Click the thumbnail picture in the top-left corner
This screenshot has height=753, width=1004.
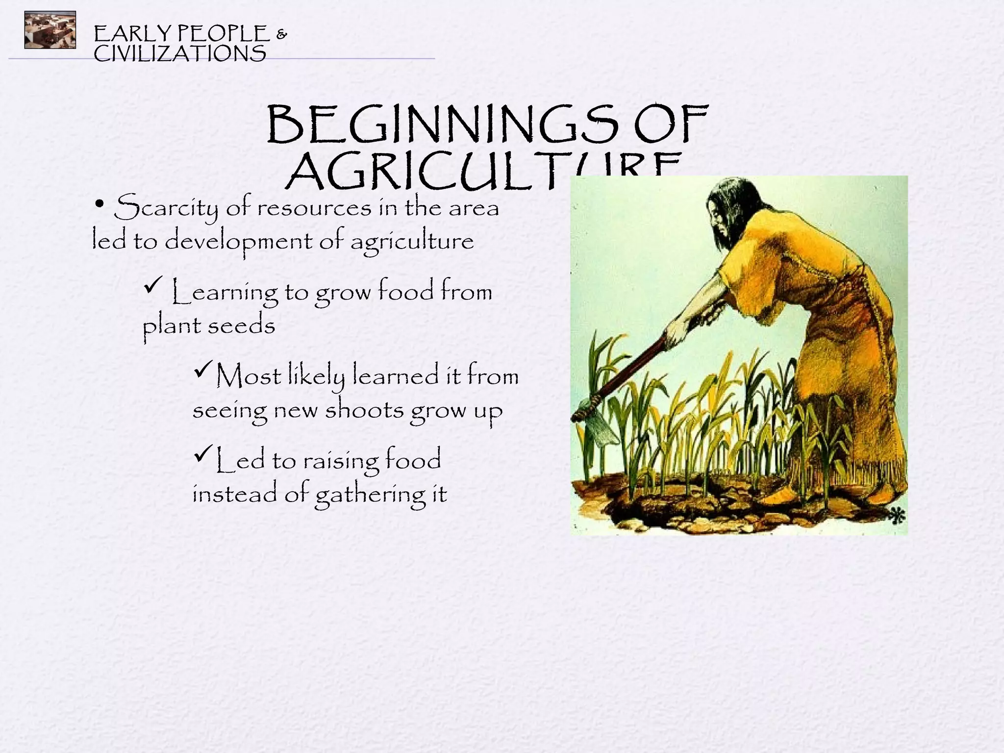click(50, 30)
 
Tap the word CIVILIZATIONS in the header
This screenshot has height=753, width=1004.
click(179, 53)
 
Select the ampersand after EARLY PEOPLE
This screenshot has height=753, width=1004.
click(282, 34)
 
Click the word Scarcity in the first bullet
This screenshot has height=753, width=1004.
click(166, 208)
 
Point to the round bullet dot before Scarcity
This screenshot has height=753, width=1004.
click(100, 204)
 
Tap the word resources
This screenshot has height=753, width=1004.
click(314, 208)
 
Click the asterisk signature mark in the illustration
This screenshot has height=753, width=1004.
click(897, 516)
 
